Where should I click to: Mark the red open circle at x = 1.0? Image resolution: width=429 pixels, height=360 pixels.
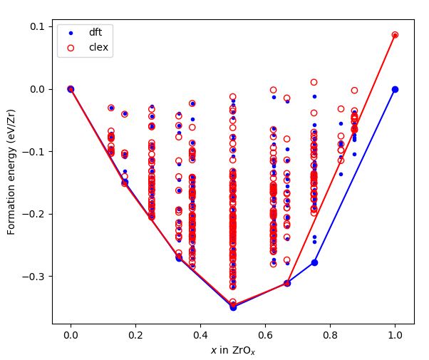(395, 35)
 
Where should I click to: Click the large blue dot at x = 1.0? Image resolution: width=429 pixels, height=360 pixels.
(395, 89)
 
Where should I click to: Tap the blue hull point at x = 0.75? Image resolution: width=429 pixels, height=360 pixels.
(314, 262)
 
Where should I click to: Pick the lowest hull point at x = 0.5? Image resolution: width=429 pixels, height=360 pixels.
(233, 307)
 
